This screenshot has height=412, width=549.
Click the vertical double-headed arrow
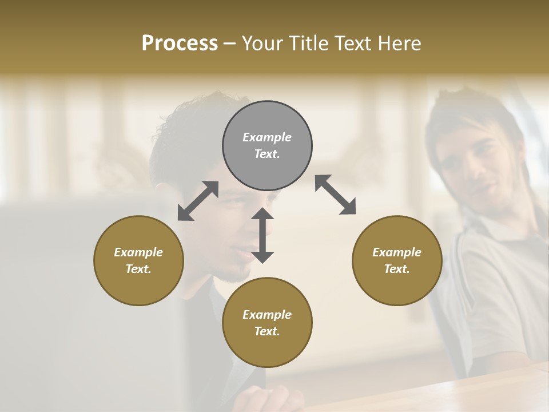coord(262,235)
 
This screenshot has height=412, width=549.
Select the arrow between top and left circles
coord(198,201)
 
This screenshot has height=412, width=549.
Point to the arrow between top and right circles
coord(335,195)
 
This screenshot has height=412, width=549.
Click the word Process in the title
coord(180,43)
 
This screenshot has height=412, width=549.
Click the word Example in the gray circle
coord(267,137)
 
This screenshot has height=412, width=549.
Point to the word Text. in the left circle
coord(138,269)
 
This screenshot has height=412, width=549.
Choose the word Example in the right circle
coord(397,252)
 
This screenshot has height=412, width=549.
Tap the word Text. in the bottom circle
coord(267,331)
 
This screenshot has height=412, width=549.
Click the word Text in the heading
coord(353,43)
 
